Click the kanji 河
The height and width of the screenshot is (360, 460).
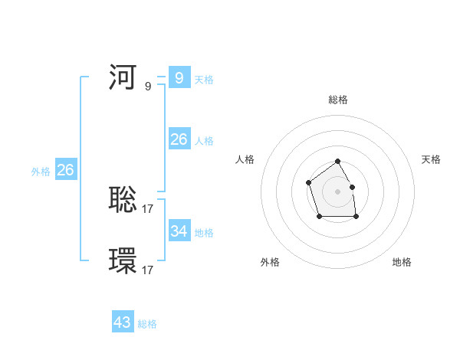click(x=123, y=78)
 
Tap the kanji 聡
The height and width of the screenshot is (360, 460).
click(x=123, y=200)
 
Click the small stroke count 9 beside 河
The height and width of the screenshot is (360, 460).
click(x=148, y=87)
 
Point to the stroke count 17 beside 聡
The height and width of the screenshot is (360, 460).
click(x=148, y=208)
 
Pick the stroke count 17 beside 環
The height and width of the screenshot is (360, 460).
click(x=148, y=270)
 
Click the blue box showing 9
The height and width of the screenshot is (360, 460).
click(x=179, y=78)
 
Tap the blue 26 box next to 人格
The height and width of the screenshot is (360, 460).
click(x=179, y=139)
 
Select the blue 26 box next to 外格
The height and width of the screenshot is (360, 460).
click(x=65, y=171)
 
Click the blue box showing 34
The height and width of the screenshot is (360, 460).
click(x=179, y=231)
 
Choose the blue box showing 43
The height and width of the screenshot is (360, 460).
click(x=123, y=322)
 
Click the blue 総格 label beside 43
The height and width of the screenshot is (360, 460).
click(x=147, y=324)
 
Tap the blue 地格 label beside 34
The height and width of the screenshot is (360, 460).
click(x=204, y=233)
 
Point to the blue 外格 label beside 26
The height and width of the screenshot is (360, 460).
click(x=41, y=172)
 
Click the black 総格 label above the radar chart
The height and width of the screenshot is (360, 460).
click(x=338, y=100)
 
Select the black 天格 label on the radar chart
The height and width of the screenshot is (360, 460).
click(x=431, y=159)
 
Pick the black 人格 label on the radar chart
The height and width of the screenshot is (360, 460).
click(x=245, y=159)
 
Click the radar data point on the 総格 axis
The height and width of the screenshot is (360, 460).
click(x=338, y=162)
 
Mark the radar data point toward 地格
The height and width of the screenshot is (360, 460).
click(x=356, y=217)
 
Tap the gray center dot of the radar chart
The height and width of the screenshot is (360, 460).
click(x=338, y=191)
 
